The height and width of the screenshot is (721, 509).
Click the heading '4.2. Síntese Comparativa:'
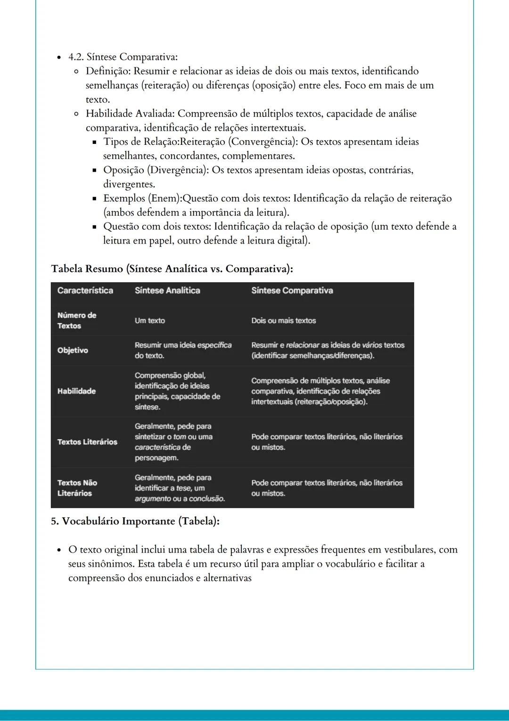click(123, 57)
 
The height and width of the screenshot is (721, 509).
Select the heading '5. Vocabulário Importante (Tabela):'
click(135, 521)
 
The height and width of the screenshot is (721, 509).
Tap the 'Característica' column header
click(85, 291)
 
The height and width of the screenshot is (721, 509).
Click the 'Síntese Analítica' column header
click(167, 291)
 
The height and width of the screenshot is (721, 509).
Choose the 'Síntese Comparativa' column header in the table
click(292, 291)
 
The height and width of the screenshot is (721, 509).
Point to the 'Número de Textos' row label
click(77, 320)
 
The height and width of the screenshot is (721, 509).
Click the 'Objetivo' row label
click(73, 350)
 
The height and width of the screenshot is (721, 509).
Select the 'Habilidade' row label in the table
click(76, 391)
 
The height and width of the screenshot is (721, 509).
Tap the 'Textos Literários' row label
click(87, 442)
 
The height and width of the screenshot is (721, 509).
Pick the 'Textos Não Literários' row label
click(77, 488)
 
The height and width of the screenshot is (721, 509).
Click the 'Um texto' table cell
click(150, 320)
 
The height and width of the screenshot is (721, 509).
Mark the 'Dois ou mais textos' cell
click(283, 320)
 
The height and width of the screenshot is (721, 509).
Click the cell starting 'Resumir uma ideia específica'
click(183, 350)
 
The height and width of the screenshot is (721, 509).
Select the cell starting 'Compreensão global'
click(177, 391)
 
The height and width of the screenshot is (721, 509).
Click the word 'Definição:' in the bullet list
click(108, 71)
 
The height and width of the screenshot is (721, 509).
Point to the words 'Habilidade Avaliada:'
click(130, 114)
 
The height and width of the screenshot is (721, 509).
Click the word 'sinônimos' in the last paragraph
click(113, 564)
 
